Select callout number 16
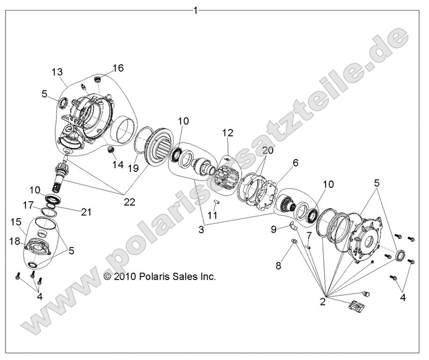[x=118, y=68]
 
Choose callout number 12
[x=227, y=133]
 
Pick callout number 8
[x=278, y=265]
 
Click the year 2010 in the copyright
[x=124, y=277]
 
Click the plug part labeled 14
[x=111, y=150]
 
